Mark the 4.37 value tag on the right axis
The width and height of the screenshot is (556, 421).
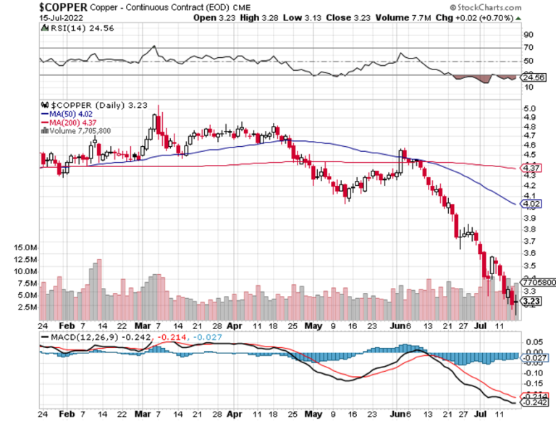coord(528,168)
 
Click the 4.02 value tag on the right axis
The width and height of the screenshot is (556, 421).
coord(528,205)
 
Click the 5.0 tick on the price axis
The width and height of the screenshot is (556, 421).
coord(528,108)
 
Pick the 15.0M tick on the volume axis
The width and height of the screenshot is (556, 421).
coord(25,247)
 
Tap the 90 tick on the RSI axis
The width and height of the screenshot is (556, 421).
coord(528,34)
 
